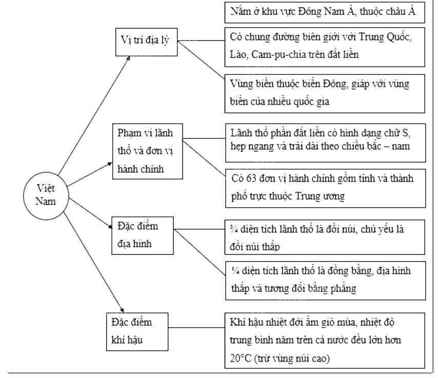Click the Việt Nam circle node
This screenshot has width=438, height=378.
[x=46, y=195]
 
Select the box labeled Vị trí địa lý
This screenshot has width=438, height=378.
[x=146, y=42]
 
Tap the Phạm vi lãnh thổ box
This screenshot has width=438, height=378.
[x=148, y=151]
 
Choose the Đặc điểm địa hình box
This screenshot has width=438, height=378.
[x=143, y=235]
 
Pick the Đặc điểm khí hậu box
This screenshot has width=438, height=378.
[x=137, y=332]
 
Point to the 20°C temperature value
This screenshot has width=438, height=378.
[x=241, y=358]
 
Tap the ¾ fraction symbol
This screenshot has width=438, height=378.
[x=234, y=229]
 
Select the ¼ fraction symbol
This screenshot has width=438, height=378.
[x=235, y=271]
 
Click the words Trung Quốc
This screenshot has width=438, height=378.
[x=385, y=37]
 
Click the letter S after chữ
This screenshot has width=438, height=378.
[x=405, y=133]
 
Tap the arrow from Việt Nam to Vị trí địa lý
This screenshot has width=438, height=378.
[x=94, y=115]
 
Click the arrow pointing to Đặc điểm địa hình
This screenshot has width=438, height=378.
[x=90, y=214]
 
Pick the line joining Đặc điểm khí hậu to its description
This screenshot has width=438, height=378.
[x=196, y=327]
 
